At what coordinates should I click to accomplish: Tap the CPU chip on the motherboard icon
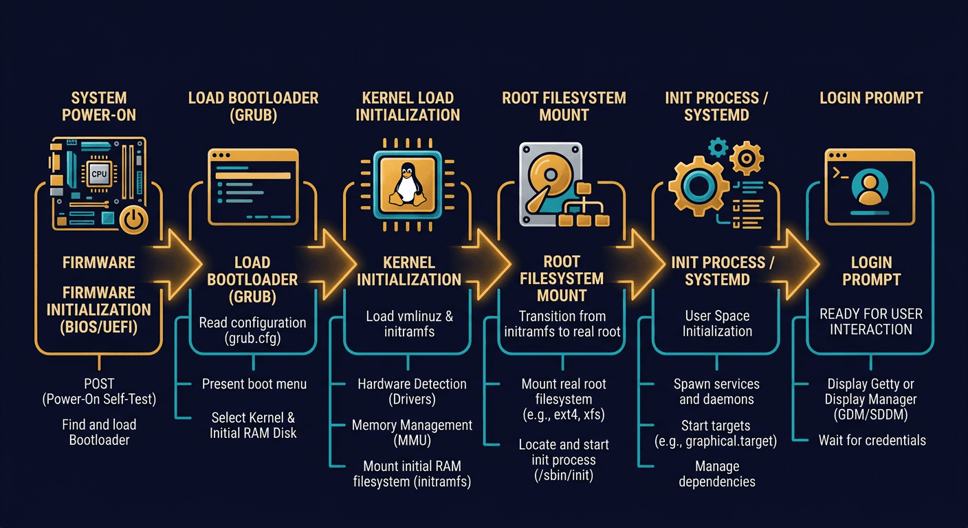[x=100, y=174]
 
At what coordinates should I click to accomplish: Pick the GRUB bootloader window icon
[x=253, y=187]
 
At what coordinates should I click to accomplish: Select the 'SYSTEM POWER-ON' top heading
[x=99, y=106]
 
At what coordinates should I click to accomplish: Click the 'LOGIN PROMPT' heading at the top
[x=871, y=98]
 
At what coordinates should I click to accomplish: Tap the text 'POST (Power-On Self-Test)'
[x=99, y=391]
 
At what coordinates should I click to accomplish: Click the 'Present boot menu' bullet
[x=254, y=384]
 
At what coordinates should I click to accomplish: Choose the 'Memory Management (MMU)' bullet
[x=412, y=433]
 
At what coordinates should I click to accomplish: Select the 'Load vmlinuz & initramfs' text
[x=410, y=324]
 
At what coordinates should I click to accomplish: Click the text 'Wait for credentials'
[x=872, y=440]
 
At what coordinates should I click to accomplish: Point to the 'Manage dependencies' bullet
[x=716, y=474]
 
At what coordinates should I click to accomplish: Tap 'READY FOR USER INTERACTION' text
[x=870, y=321]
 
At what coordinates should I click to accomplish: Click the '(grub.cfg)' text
[x=252, y=338]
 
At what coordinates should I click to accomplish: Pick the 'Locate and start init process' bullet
[x=563, y=459]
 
